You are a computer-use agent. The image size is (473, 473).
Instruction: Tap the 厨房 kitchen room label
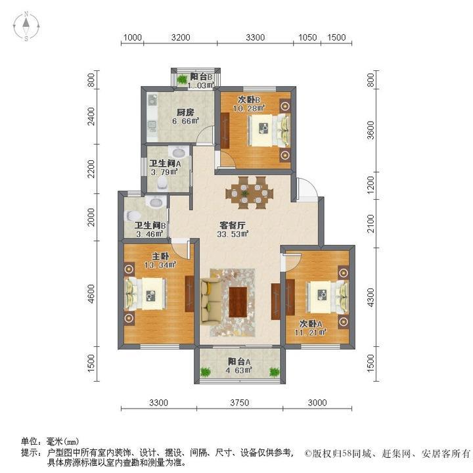166,111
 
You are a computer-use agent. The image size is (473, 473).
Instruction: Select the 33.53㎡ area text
233,235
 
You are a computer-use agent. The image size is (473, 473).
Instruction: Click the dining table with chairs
248,192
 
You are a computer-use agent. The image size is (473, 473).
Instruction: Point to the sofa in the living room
211,301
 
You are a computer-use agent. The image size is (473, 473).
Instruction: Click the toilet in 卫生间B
133,214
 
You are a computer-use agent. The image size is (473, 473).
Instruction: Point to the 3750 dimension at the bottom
238,403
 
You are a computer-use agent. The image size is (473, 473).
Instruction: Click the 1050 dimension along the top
307,37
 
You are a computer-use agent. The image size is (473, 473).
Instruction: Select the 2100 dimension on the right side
371,223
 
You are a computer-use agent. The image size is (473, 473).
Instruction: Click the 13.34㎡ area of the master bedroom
160,265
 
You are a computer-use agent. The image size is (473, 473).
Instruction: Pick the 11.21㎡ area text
311,333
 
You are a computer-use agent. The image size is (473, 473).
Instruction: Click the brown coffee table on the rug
238,300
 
